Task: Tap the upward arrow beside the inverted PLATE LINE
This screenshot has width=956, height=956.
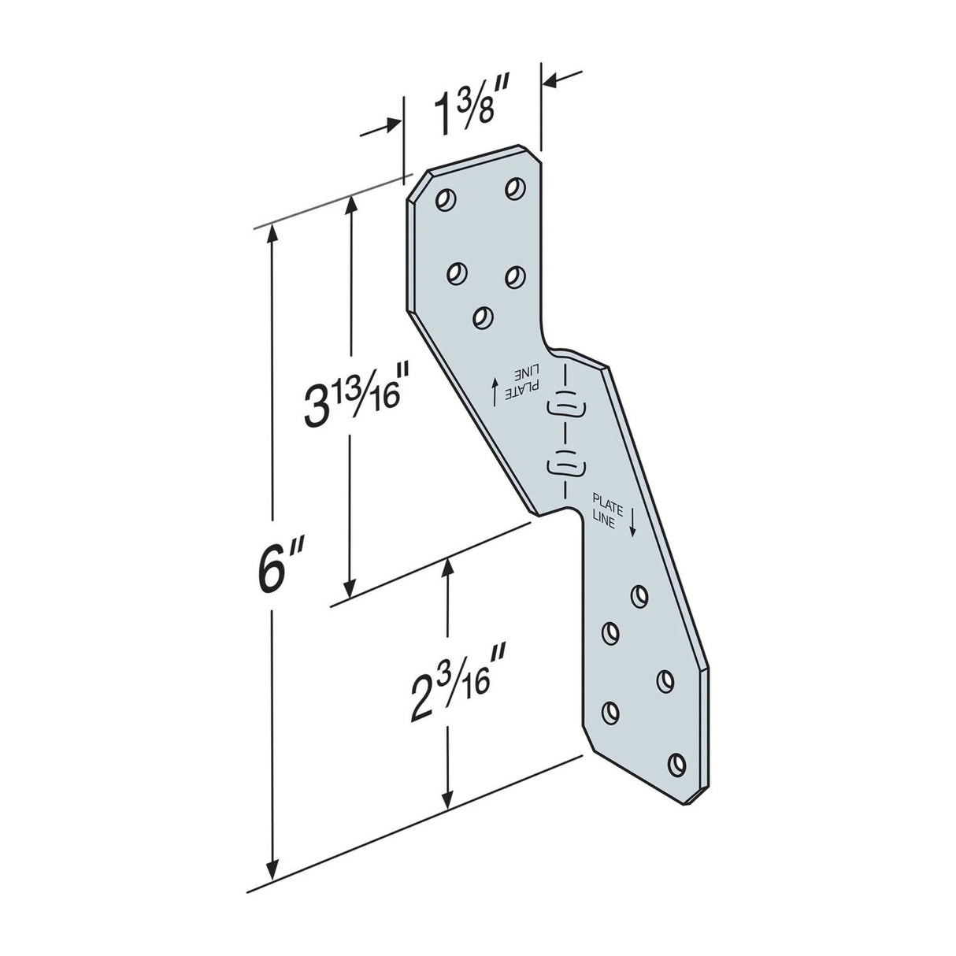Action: point(495,390)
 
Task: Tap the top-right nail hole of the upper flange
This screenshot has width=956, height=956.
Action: point(515,188)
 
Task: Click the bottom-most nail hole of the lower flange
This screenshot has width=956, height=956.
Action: point(676,763)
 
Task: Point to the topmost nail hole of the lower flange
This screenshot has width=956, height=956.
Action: point(639,596)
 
